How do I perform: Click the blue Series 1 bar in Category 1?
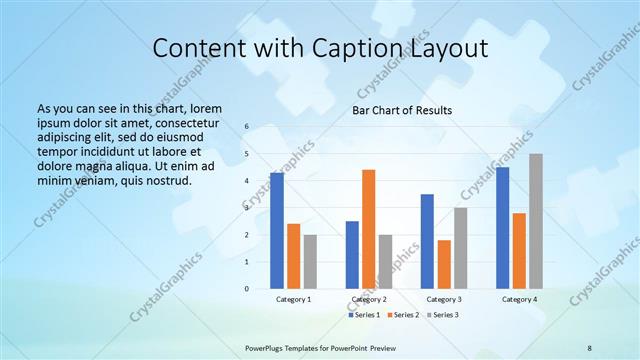[276, 231]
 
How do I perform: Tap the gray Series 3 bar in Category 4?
[536, 221]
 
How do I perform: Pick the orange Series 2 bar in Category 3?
[444, 264]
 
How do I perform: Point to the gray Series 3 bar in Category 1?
[310, 262]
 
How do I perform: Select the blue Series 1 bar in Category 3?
[427, 241]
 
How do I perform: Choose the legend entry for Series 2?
[403, 315]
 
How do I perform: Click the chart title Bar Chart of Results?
[402, 110]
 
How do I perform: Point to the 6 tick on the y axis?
[246, 127]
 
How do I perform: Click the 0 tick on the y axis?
[246, 289]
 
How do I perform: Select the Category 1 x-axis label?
[293, 299]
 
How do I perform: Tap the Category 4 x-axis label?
[519, 299]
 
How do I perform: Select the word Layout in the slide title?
[443, 47]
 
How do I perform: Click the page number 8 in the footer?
[590, 347]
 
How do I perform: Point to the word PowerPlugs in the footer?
[268, 347]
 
